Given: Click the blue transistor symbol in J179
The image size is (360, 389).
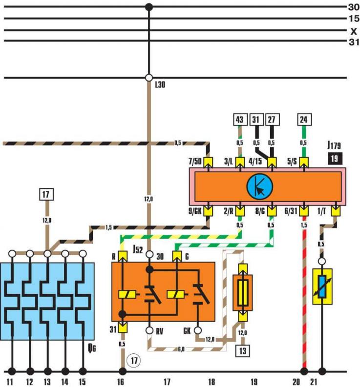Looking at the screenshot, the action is (x=260, y=186).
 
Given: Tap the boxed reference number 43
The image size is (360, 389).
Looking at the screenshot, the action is (x=239, y=120).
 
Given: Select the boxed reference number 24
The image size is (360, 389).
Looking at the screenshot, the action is (x=304, y=120).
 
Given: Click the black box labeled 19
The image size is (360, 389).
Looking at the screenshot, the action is (x=335, y=159).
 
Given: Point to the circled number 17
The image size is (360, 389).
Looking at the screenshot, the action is (x=134, y=360).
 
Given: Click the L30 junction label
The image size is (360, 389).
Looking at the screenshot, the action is (x=160, y=85).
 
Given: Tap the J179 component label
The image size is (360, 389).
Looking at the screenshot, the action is (x=334, y=145).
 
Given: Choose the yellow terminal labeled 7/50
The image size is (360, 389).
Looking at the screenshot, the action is (x=208, y=162).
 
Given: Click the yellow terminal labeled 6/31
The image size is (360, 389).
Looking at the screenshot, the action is (x=304, y=211).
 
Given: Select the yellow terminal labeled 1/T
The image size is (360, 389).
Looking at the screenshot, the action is (x=336, y=211).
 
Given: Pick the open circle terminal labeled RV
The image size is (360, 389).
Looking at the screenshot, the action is (x=149, y=330).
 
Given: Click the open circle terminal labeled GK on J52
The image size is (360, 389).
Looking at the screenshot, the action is (x=198, y=330).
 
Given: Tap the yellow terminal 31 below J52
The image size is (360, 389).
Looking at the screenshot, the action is (x=123, y=328).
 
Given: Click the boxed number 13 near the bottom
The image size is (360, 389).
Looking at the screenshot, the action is (x=243, y=351).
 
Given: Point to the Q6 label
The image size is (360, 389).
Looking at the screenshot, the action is (x=92, y=348).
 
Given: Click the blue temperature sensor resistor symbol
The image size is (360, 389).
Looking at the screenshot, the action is (x=322, y=287).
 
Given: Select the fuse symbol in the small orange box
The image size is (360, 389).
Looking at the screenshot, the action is (x=243, y=293).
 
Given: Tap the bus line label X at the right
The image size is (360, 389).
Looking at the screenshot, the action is (x=354, y=31).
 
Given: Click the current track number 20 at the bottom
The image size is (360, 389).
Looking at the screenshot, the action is (x=296, y=382).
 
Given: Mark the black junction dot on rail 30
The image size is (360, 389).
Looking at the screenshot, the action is (x=148, y=7).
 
